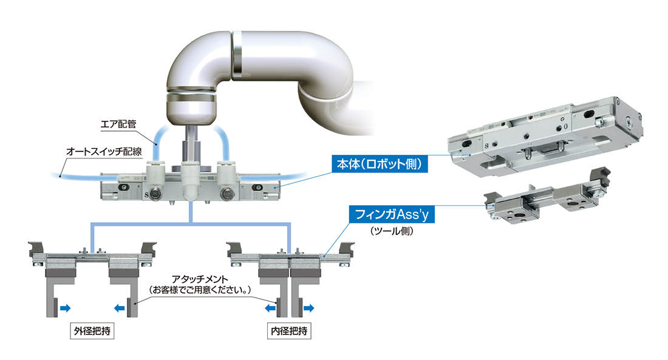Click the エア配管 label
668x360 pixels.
[x=118, y=124]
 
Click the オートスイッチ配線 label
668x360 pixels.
[x=104, y=151]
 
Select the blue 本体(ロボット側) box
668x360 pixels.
[x=380, y=164]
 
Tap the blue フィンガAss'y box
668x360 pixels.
[x=392, y=214]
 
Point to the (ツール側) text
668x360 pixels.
[x=392, y=231]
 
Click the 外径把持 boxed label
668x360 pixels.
[x=92, y=331]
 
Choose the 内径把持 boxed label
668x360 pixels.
[x=289, y=331]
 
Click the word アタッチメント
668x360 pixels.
[x=200, y=279]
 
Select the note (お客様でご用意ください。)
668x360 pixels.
[x=200, y=290]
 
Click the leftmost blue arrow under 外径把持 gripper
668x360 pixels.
[x=65, y=308]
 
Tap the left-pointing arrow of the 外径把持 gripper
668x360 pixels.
[x=120, y=308]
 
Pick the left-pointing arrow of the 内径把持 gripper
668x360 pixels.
[x=270, y=308]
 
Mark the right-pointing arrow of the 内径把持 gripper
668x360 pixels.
[x=308, y=308]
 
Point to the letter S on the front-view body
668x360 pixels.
[x=147, y=195]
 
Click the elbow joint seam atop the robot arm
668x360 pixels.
[x=236, y=55]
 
